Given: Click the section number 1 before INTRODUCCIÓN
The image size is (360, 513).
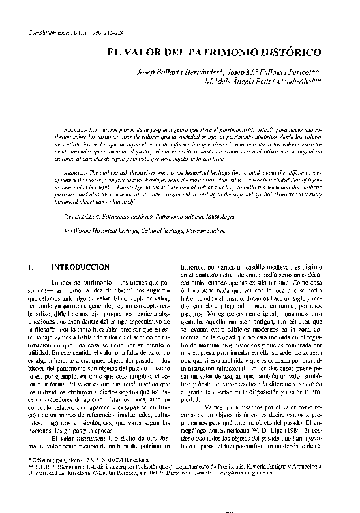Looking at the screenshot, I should click(32, 268).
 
